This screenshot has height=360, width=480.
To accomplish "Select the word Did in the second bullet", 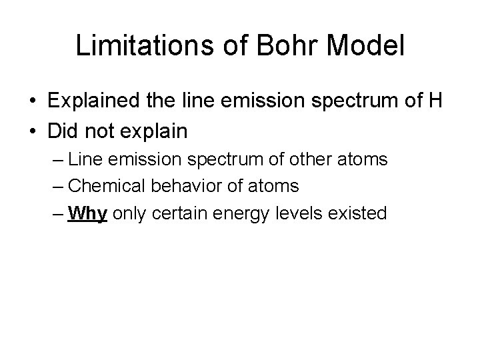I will click(61, 131).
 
